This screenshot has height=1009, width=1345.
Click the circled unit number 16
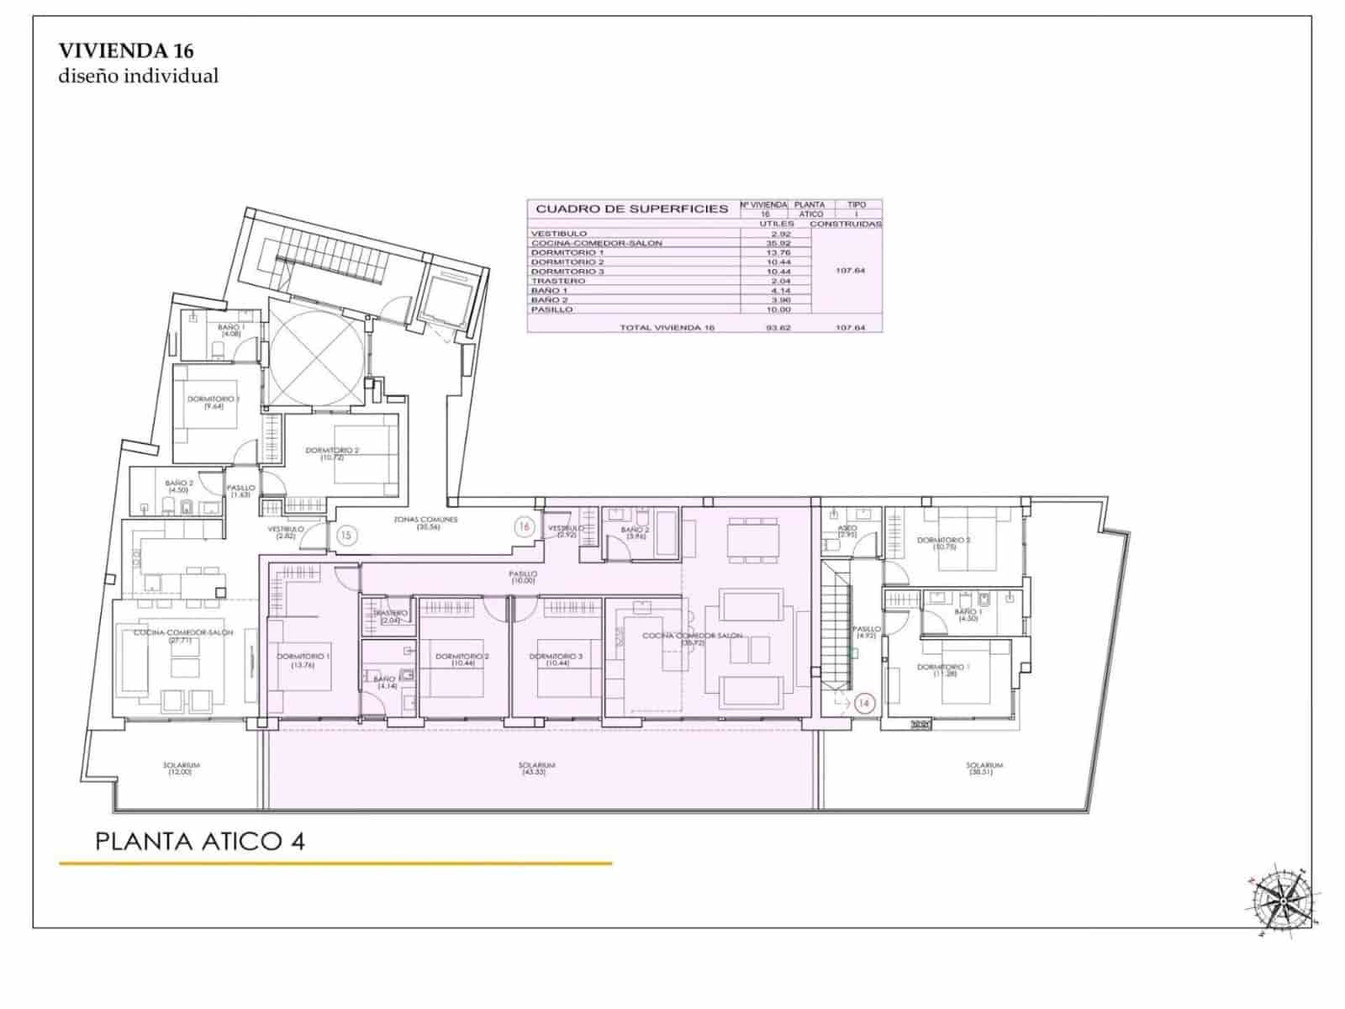[525, 527]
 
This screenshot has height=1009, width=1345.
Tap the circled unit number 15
[346, 533]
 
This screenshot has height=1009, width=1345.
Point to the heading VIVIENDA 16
[126, 50]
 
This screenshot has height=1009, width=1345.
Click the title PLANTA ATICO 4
[200, 841]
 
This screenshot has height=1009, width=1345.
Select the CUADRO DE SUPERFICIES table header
[631, 209]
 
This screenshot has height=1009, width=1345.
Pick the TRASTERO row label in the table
[552, 281]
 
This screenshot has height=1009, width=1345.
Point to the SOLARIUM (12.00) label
[182, 769]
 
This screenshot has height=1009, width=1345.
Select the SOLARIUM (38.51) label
[984, 769]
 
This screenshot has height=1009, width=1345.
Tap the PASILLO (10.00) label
[523, 577]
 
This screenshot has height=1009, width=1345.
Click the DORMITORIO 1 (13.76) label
[303, 659]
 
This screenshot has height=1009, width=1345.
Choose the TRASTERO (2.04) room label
[391, 616]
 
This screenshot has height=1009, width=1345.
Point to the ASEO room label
[847, 531]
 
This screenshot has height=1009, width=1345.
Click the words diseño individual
[139, 76]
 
